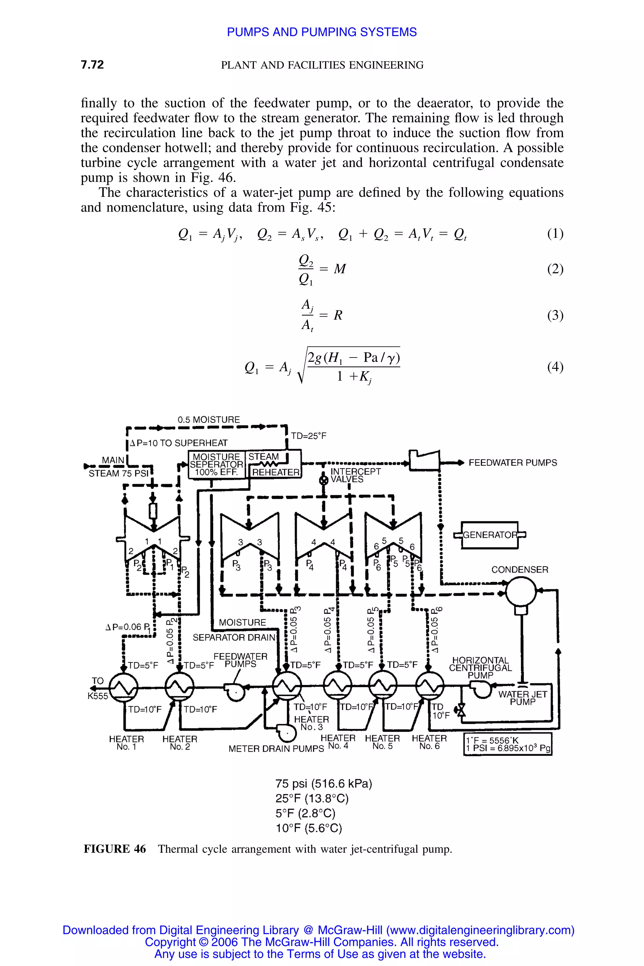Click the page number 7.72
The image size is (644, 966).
tap(92, 65)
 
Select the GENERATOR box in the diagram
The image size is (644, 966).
tap(490, 535)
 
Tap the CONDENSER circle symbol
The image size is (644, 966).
tap(521, 592)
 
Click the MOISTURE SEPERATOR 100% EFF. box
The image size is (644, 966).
tap(216, 464)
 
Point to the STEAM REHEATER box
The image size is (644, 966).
tap(274, 464)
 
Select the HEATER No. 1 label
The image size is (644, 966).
tap(126, 742)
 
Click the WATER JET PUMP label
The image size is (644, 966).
tap(522, 698)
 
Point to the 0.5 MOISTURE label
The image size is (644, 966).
tap(209, 420)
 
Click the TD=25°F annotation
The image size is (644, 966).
tap(308, 436)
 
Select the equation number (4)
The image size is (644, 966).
tap(555, 366)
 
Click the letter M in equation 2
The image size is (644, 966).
tap(340, 269)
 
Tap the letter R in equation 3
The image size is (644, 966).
tap(338, 315)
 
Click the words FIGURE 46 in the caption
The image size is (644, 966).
tap(114, 849)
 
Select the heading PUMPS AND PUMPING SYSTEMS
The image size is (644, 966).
tap(322, 32)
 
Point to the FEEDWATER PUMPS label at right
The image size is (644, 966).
tap(513, 463)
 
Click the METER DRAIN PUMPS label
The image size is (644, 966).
tap(276, 749)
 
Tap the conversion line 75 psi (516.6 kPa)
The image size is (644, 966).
tap(324, 784)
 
